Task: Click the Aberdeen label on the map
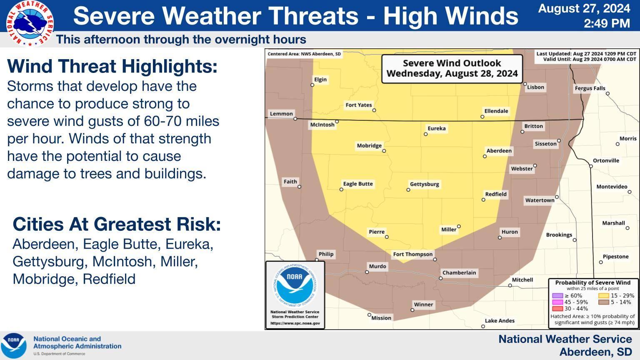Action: click(499, 150)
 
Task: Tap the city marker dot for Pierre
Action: click(387, 237)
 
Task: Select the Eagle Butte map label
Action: click(358, 184)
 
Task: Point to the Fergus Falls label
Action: click(590, 88)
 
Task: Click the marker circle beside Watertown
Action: click(557, 197)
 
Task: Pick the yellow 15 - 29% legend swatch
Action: click(603, 295)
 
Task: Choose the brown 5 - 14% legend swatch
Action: click(603, 302)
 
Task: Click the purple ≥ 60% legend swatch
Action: click(557, 295)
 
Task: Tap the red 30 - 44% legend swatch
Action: click(557, 309)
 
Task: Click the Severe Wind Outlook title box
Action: click(452, 69)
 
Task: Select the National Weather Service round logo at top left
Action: click(30, 23)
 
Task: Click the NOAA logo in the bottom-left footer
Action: click(14, 345)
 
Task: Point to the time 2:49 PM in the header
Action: click(607, 23)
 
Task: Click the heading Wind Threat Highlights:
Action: click(112, 66)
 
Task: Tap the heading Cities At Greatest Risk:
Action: click(117, 224)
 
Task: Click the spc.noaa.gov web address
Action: click(295, 323)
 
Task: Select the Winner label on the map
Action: click(423, 305)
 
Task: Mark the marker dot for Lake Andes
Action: click(483, 326)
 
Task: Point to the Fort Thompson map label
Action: click(413, 254)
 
